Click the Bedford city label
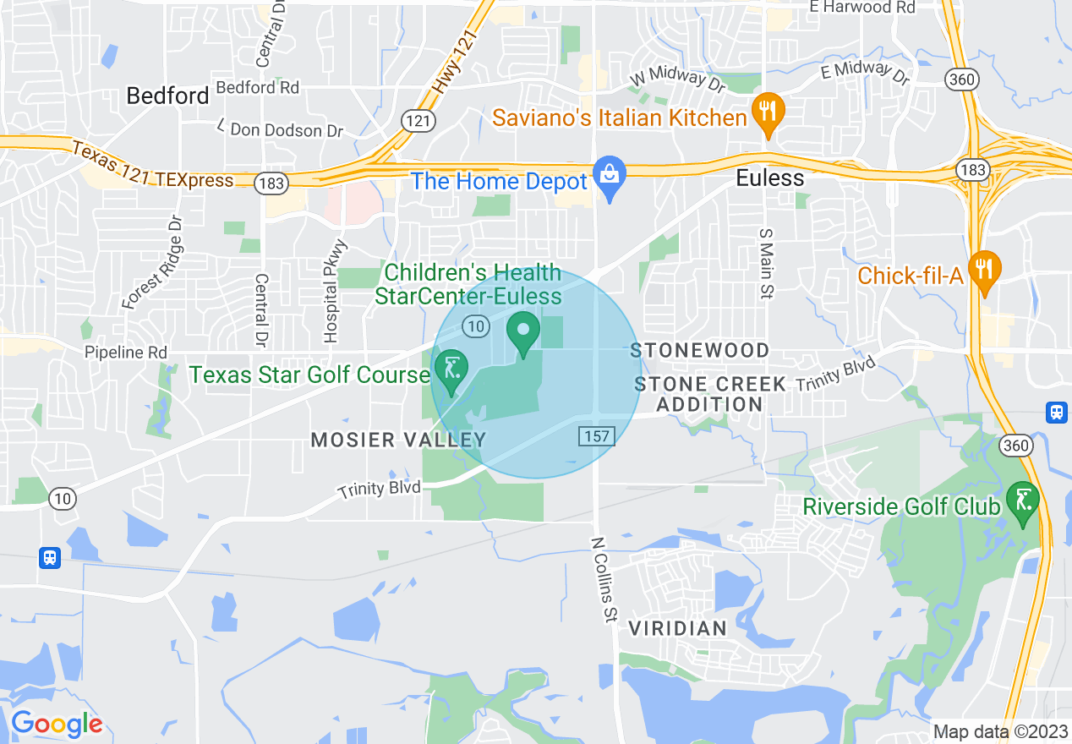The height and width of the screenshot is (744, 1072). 167,96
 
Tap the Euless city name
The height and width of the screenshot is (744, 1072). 769,178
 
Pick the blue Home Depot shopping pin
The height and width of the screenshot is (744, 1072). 608,177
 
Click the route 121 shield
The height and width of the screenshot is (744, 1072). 418,120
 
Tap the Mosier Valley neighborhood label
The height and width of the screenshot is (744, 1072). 399,440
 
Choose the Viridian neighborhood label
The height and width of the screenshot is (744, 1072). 678,628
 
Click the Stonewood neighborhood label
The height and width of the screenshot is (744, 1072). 701,350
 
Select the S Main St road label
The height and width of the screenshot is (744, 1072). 766,262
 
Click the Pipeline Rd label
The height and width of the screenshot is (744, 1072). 126,353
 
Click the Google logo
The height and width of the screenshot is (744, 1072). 56,724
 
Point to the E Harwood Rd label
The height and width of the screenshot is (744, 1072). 861,8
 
